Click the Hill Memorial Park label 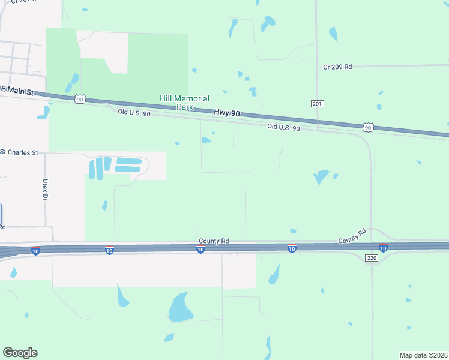coord(184,103)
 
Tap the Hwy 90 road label coord(227,113)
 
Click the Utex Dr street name coord(44,189)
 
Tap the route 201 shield coord(318,104)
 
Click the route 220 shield coord(372,258)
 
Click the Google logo coord(20,353)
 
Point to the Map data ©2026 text coord(423,355)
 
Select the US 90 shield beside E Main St coord(80,99)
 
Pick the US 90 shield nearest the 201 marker coord(368,127)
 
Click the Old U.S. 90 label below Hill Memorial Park coord(134,113)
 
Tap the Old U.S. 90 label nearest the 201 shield coord(283,127)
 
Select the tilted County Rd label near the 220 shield coord(352,236)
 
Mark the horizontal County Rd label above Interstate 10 coord(214,241)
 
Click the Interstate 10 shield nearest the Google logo coord(36,251)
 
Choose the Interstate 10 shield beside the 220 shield coord(382,248)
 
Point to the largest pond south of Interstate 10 coord(179,308)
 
